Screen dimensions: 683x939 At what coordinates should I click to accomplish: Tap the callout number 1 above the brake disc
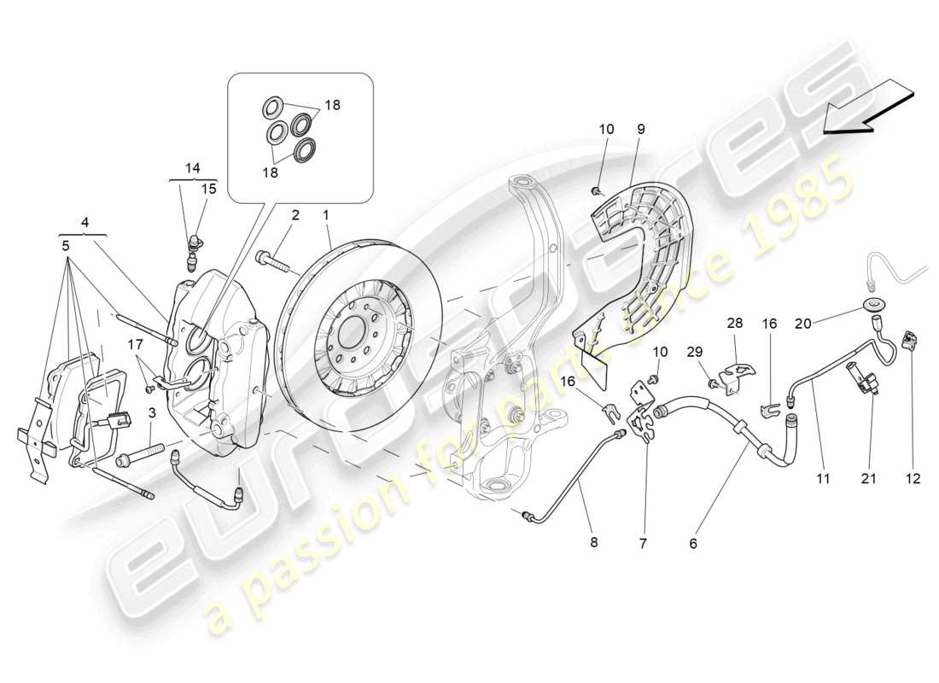[x=326, y=215]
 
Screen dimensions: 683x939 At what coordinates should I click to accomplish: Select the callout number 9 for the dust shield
[x=640, y=129]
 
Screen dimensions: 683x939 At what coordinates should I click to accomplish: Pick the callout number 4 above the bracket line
[x=84, y=223]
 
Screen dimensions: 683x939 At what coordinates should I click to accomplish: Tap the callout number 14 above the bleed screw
[x=192, y=168]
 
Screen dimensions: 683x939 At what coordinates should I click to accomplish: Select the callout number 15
[x=208, y=189]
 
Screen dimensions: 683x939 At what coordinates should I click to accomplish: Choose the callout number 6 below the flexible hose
[x=693, y=541]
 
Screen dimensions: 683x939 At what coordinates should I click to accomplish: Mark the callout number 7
[x=644, y=541]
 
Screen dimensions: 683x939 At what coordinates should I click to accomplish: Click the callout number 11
[x=822, y=480]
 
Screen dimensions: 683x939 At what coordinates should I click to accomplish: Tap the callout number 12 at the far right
[x=914, y=480]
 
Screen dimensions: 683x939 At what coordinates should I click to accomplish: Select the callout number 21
[x=869, y=480]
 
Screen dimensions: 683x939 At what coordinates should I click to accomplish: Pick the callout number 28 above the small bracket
[x=735, y=324]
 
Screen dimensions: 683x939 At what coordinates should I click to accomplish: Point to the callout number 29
[x=694, y=351]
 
